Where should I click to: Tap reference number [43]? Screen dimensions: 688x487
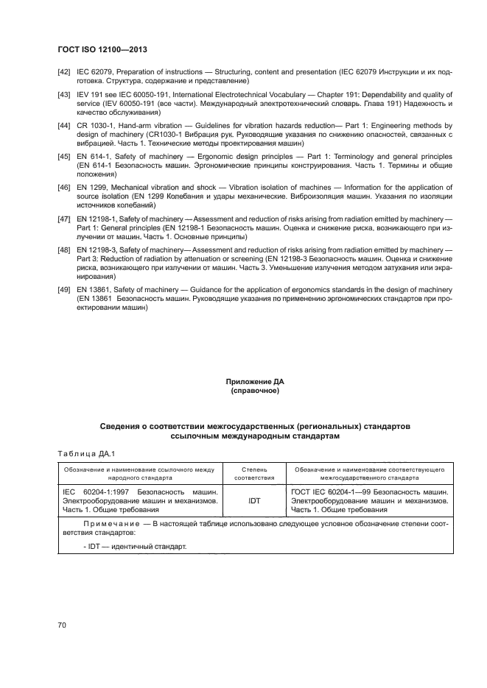pos(64,95)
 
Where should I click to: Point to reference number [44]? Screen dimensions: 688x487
pos(64,127)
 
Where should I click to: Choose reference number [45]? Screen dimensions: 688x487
pos(64,157)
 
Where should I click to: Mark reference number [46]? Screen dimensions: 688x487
pos(64,189)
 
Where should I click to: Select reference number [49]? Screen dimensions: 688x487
pos(64,291)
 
